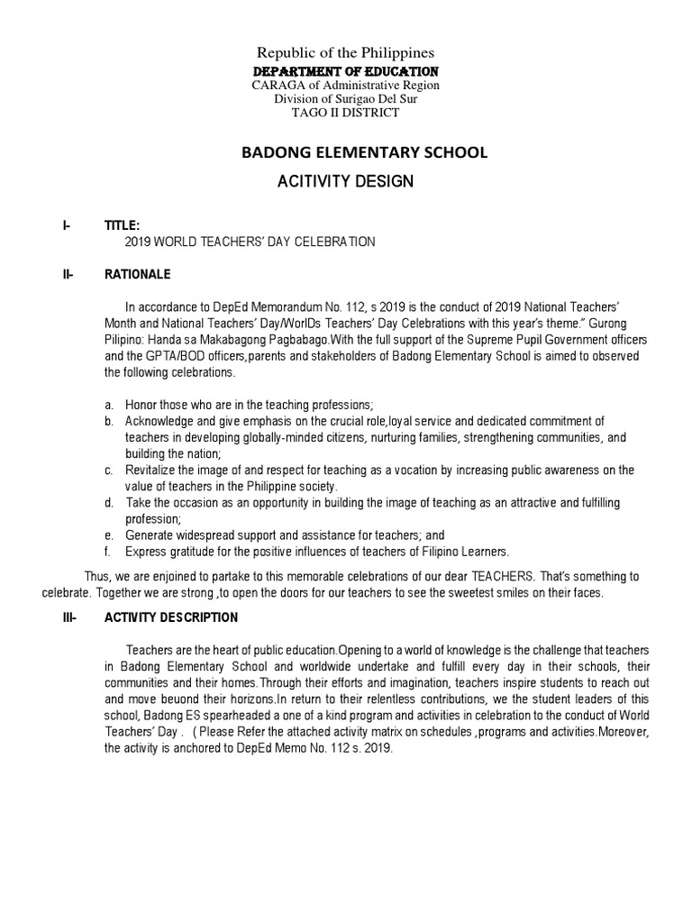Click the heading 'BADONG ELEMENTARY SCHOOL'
point(363,152)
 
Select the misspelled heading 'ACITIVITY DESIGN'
point(347,181)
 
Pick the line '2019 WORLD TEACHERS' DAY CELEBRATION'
point(249,242)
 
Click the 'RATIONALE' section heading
point(138,274)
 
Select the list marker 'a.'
point(108,406)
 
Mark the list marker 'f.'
point(107,552)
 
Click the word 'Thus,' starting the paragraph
point(98,577)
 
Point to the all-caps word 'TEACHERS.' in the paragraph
point(507,577)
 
